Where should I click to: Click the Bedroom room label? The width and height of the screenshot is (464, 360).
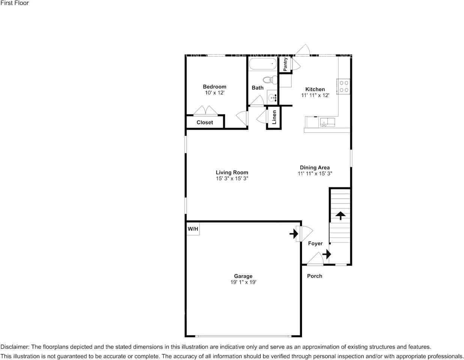tap(214, 87)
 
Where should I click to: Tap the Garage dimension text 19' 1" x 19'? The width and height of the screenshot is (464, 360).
tap(243, 282)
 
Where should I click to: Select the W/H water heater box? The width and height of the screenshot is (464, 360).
tap(193, 229)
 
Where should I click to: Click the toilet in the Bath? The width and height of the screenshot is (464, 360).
tap(269, 79)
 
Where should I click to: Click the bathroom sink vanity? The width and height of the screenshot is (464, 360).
tap(273, 97)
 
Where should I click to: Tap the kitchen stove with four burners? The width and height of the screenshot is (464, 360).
tap(344, 87)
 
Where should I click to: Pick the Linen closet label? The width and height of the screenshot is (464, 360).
tap(274, 117)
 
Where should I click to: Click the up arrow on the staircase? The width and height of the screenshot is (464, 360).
tap(340, 215)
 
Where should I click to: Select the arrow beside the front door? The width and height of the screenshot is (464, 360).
tap(327, 254)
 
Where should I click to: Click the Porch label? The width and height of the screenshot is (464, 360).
tap(314, 276)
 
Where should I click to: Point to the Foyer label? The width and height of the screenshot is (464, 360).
tap(315, 243)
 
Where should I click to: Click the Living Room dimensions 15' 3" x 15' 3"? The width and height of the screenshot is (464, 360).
tap(232, 178)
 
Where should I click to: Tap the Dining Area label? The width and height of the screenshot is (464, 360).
tap(315, 168)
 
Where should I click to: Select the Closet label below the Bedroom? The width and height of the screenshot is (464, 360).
tap(204, 122)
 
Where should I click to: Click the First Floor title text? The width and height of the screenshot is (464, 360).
tap(15, 3)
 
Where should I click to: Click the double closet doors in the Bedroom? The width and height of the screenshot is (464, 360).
tap(205, 111)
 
